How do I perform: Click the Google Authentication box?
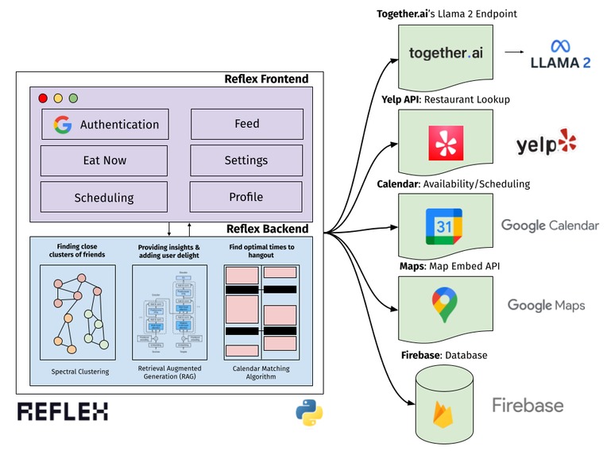coord(106,124)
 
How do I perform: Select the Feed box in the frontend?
coord(246,124)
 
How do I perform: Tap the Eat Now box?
coord(104,160)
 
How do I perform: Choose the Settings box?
coord(246,160)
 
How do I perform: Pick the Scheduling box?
coord(104,197)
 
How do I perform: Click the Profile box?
coord(246,197)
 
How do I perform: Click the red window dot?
coord(43,98)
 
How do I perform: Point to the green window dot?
coord(73,98)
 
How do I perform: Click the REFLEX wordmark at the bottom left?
coord(63,411)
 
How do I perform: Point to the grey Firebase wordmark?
coord(528,405)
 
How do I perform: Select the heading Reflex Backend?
coord(267,229)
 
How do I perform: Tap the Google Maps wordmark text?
coord(546,305)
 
